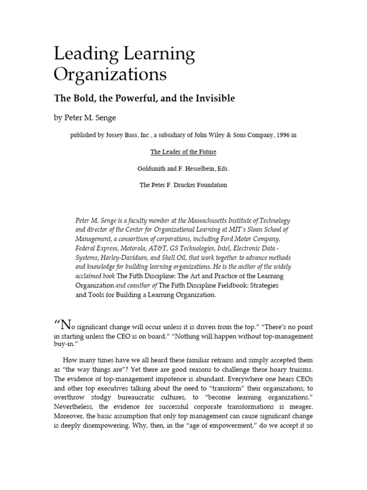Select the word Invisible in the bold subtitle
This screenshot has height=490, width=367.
(x=214, y=99)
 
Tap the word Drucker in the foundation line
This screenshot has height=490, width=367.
(x=192, y=185)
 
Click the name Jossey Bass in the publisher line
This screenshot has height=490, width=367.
(x=111, y=135)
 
